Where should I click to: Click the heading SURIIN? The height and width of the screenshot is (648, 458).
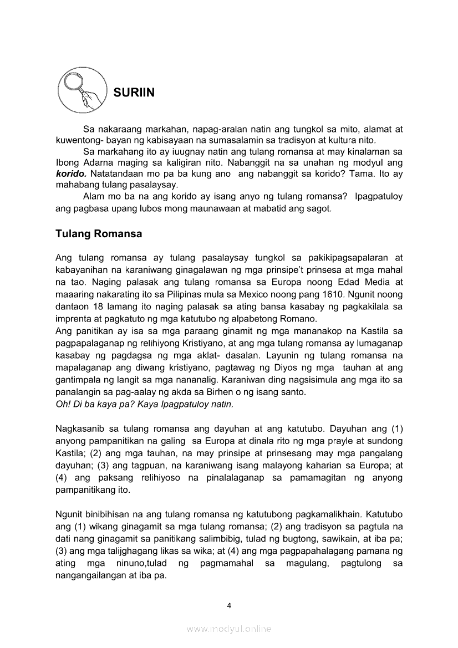tap(134, 93)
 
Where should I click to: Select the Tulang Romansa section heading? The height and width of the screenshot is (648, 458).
tap(99, 234)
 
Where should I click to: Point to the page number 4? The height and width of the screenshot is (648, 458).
tap(229, 605)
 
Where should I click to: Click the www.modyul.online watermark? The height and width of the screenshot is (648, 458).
tap(229, 629)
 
